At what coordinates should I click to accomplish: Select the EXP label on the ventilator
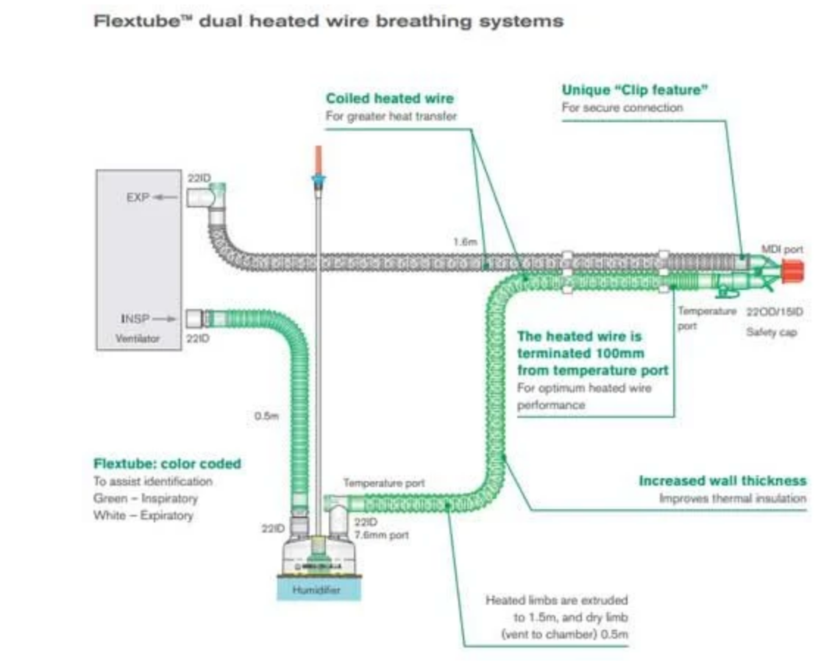(x=138, y=198)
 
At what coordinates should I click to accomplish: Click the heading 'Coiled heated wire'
(x=390, y=98)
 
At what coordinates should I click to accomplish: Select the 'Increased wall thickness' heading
(x=722, y=480)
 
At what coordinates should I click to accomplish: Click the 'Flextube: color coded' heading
(x=167, y=464)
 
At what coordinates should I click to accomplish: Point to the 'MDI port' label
(x=782, y=249)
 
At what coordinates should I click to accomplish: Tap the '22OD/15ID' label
(x=775, y=311)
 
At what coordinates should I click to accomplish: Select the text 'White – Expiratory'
(x=143, y=515)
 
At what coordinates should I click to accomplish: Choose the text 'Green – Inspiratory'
(x=146, y=498)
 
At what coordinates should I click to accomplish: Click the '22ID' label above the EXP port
(x=199, y=179)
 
